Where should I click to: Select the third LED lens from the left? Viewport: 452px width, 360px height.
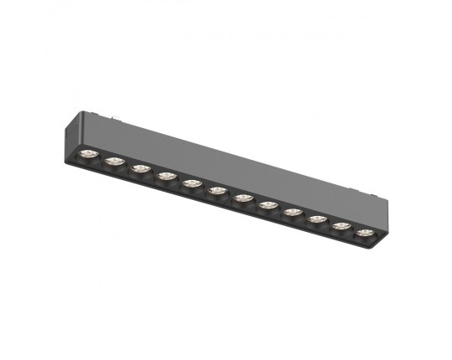tap(140, 167)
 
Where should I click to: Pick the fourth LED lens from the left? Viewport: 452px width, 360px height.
tap(166, 175)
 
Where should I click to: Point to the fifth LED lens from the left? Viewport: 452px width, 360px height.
tap(191, 183)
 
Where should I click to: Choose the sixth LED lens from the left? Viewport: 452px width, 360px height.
tap(218, 190)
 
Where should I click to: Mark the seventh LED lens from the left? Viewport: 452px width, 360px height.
tap(244, 198)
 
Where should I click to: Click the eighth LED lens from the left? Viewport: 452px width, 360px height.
tap(268, 204)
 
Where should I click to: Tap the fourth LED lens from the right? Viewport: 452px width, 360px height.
tap(293, 212)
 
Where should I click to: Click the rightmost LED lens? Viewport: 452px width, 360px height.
tap(366, 232)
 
